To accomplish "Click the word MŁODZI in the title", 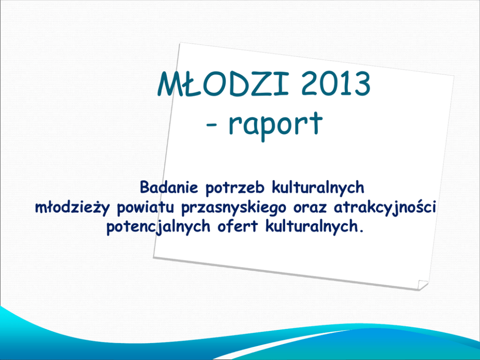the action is coord(224,84).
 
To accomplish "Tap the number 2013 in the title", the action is coord(336,84).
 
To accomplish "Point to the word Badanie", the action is coord(169,187).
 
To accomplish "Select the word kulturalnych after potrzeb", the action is coord(318,188).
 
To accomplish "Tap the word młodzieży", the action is coord(72,208).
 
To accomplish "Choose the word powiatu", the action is coord(146,208).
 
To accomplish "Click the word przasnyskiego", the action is coord(234,208).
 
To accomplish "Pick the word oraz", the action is coord(310,209).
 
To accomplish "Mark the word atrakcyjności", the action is coord(385,208).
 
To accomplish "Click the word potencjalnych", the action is coord(158,227).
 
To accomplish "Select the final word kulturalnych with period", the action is coord(315,227).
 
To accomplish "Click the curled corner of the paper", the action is coord(422,285).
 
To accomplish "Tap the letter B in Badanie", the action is coord(145,187).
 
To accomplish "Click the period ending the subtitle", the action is coord(361,231).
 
